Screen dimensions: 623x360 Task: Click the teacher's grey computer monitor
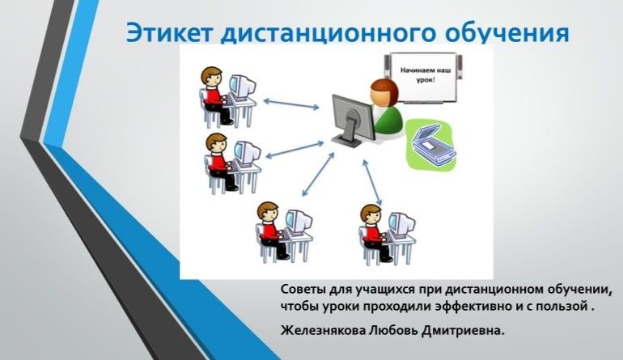point(354,120)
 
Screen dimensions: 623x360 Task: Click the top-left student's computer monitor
point(242,87)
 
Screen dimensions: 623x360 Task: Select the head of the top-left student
point(211,76)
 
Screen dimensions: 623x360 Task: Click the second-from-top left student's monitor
point(247,154)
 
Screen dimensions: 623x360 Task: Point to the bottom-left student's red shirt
point(269,231)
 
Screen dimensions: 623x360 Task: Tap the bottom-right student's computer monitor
point(401,225)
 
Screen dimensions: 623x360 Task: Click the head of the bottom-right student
point(371,214)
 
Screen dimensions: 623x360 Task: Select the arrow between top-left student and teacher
point(291,104)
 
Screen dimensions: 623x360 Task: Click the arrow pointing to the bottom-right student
point(372,182)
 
